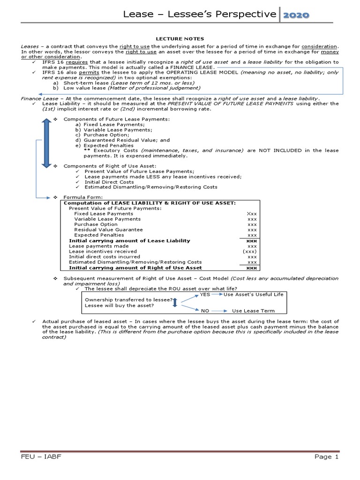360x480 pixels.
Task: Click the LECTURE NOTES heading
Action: (180, 39)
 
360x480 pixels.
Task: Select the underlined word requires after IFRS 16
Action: (74, 62)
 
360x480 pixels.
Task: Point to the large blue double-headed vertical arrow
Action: (45, 143)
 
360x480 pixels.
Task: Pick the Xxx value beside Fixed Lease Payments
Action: (252, 214)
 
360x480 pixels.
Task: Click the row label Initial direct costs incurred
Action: (105, 257)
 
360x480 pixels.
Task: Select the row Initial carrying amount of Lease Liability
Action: (129, 240)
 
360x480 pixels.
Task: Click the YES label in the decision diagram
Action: (205, 294)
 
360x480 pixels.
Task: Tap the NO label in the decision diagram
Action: (205, 311)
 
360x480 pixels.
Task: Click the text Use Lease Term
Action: (253, 311)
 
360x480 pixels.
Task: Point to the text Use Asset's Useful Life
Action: (253, 294)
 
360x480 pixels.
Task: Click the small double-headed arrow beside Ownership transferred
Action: (175, 302)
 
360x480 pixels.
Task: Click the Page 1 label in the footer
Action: (323, 457)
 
